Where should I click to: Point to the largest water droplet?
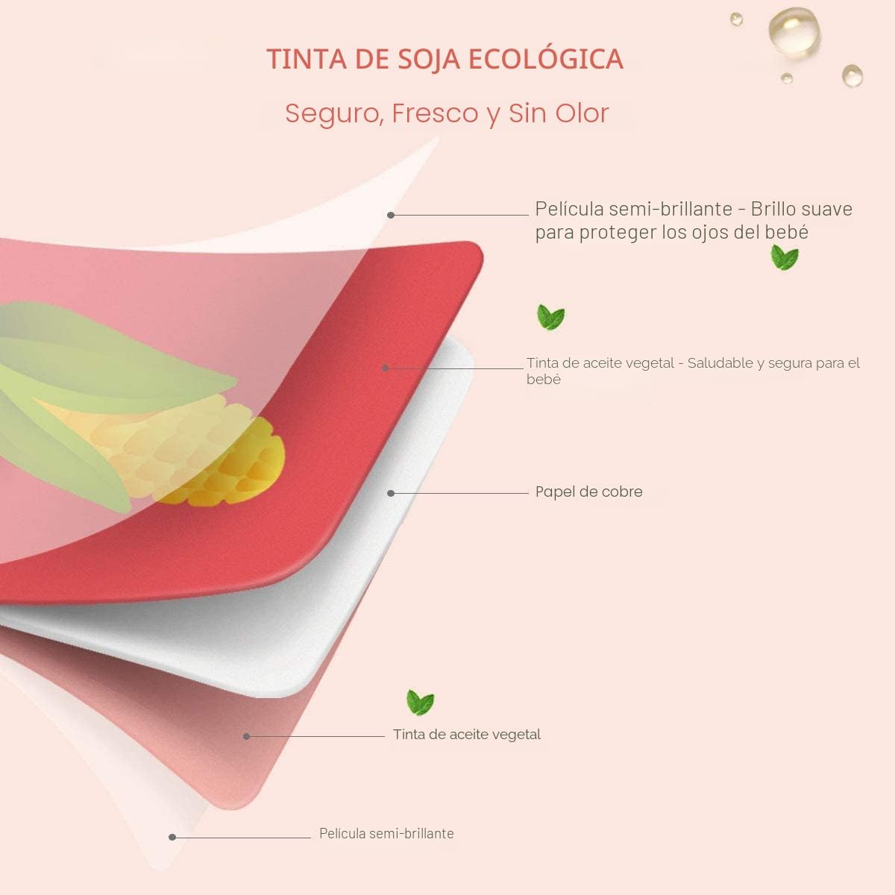pos(794,33)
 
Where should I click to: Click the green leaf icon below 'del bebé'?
pos(785,257)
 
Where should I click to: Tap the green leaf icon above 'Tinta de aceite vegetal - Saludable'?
pos(551,317)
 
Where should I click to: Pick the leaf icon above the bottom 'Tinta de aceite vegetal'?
pos(421,703)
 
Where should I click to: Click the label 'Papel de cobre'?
pos(589,492)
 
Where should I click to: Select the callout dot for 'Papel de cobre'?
pos(391,493)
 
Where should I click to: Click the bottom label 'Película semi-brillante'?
pos(386,834)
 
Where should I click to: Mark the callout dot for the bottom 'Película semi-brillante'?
pos(172,838)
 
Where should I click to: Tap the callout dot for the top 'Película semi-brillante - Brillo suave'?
pos(391,215)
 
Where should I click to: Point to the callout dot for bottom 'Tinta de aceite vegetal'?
pos(247,737)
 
